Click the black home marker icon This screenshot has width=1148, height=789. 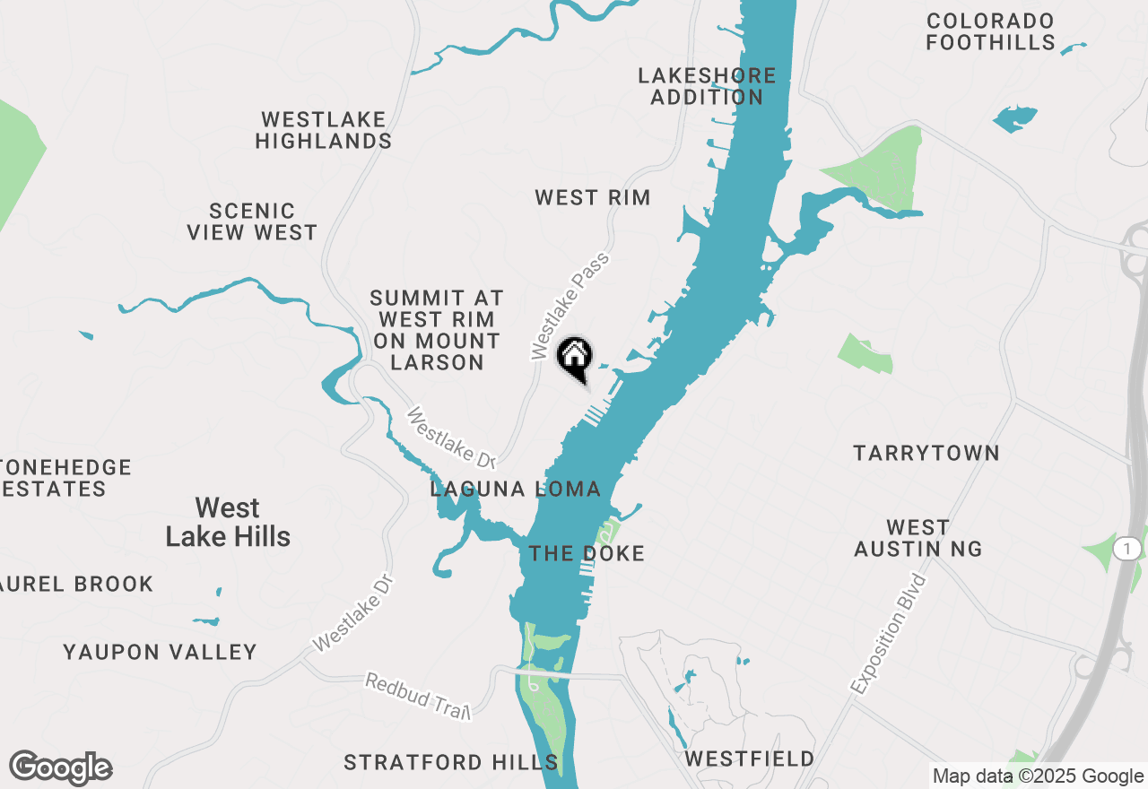point(575,357)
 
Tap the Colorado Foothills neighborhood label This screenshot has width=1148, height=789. point(990,31)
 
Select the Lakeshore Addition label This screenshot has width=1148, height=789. point(707,86)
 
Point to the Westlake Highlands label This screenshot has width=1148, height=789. point(324,130)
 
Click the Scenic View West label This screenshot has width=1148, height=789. point(252,221)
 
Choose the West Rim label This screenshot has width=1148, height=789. point(592,197)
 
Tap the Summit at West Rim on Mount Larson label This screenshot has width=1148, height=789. point(437,330)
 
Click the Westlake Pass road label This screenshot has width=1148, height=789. point(570,306)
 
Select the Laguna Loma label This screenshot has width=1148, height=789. point(515,489)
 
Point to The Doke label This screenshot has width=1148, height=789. point(587,553)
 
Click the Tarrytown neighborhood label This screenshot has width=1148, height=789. point(926,453)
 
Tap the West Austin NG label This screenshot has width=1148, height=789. point(918,538)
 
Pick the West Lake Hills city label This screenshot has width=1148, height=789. point(228,522)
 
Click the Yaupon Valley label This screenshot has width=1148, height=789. point(160,652)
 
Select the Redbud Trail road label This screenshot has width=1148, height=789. point(418,696)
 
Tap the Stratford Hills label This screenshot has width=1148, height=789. point(451,763)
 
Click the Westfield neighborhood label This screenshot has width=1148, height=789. point(750,759)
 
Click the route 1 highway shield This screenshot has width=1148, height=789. point(1127,547)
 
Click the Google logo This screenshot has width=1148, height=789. point(60,768)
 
